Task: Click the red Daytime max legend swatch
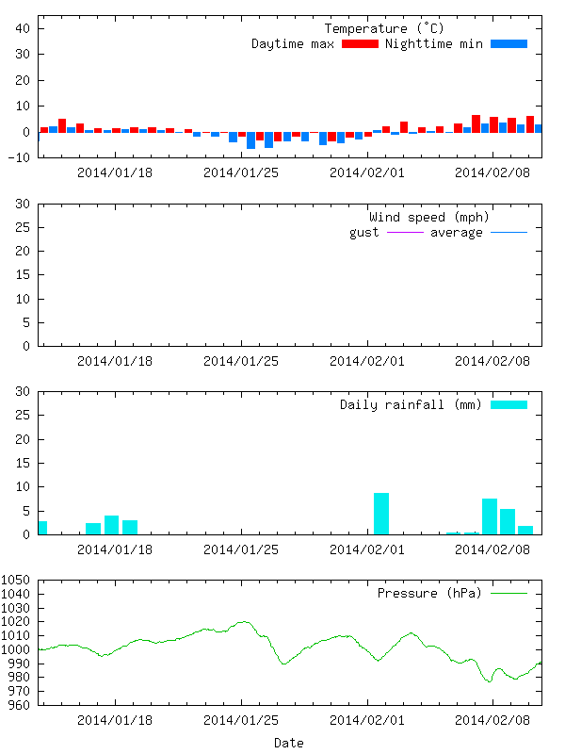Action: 360,43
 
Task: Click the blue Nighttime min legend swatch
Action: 508,43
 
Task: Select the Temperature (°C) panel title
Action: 384,29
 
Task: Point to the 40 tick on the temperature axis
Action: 23,28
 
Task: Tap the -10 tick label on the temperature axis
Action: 19,157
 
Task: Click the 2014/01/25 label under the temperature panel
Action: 241,172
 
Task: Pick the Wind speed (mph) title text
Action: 428,218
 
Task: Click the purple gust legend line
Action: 405,232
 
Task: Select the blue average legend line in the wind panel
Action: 508,232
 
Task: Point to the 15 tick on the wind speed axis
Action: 23,274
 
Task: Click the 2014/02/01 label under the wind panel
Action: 367,361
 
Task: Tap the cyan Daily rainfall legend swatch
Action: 508,405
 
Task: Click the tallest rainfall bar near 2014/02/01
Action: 381,514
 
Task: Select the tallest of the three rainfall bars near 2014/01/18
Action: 111,525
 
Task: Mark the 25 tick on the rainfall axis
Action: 23,415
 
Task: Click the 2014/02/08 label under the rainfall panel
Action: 492,549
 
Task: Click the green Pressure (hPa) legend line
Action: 508,594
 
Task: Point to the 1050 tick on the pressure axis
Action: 15,580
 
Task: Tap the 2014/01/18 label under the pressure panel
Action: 115,720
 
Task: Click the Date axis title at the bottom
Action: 289,743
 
